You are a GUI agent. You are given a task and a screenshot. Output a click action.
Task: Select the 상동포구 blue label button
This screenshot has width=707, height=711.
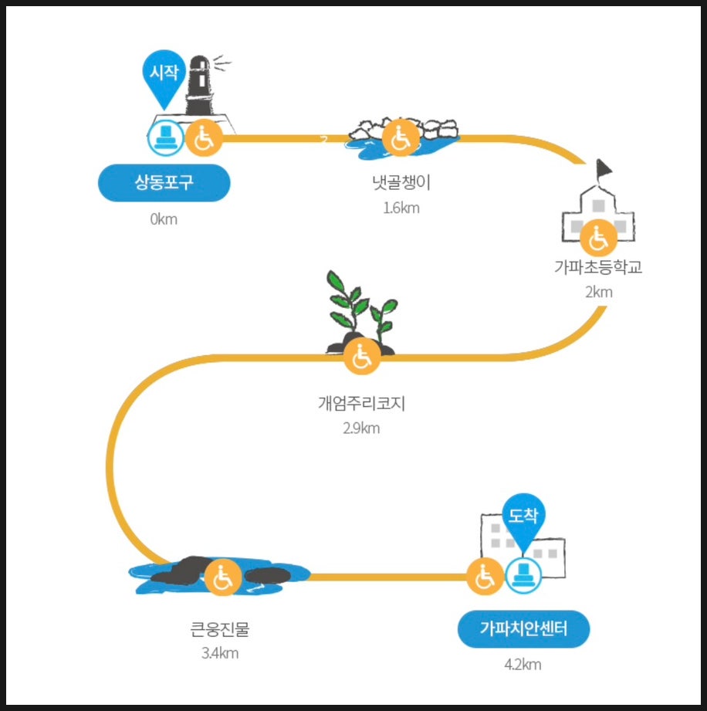tap(164, 183)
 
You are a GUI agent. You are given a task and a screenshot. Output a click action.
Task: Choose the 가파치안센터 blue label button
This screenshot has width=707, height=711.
tap(523, 629)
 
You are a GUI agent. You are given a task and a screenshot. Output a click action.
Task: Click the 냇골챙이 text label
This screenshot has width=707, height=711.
tap(401, 183)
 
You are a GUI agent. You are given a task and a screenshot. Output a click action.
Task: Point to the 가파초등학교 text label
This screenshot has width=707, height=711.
tap(597, 268)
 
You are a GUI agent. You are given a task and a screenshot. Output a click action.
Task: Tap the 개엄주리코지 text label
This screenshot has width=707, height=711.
tap(361, 403)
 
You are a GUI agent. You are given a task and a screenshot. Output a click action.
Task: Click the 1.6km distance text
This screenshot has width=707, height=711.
tap(401, 208)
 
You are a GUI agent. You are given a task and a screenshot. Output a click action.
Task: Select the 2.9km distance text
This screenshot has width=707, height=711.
tap(361, 428)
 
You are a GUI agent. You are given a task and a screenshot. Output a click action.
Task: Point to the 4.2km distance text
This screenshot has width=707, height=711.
tap(523, 665)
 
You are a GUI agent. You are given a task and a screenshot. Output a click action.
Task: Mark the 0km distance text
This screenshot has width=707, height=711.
tap(164, 218)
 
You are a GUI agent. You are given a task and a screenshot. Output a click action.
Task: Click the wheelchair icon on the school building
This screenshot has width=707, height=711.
tap(597, 237)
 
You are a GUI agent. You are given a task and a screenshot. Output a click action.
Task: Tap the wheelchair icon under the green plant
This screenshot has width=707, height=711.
tap(361, 357)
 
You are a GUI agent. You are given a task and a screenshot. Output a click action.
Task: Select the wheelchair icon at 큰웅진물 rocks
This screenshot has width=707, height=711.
tap(222, 577)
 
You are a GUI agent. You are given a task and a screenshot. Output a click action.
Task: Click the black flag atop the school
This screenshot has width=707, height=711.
tap(603, 168)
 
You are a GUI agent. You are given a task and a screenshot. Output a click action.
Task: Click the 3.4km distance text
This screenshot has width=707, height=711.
tap(220, 654)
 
